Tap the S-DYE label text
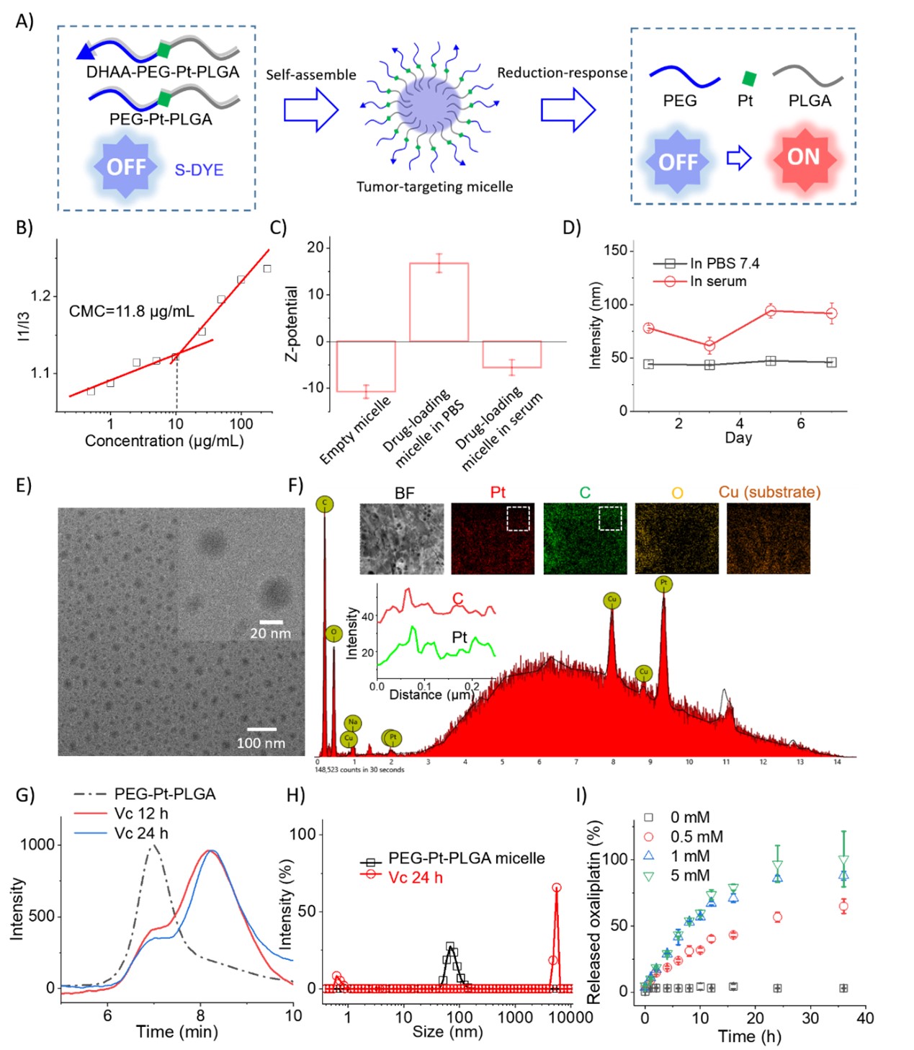(x=199, y=170)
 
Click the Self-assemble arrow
(x=310, y=110)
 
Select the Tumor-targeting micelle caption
(x=434, y=187)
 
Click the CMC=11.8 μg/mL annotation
(x=131, y=311)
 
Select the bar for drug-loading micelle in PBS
(x=439, y=302)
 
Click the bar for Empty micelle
(x=366, y=366)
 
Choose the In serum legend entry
(x=717, y=281)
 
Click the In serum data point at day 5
(x=771, y=311)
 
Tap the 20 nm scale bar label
(x=270, y=633)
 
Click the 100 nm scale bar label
(x=261, y=743)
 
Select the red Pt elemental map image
(x=493, y=538)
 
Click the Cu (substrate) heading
(x=769, y=492)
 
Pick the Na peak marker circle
(x=352, y=722)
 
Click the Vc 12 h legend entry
(x=141, y=814)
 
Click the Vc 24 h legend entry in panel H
(x=415, y=878)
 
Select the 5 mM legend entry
(x=690, y=876)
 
